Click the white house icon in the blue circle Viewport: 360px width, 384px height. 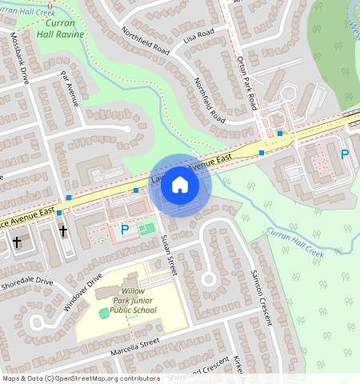point(180,186)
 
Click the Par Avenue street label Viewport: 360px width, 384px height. point(70,88)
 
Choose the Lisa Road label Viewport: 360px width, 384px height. point(199,35)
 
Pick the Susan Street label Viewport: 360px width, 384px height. point(167,255)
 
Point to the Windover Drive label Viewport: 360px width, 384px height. point(83,293)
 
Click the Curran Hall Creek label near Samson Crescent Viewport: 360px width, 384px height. point(294,242)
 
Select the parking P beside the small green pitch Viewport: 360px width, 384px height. point(124,230)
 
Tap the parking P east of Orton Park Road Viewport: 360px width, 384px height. point(345,154)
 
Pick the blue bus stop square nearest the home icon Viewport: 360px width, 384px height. point(136,190)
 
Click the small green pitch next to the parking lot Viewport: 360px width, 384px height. point(146,229)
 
